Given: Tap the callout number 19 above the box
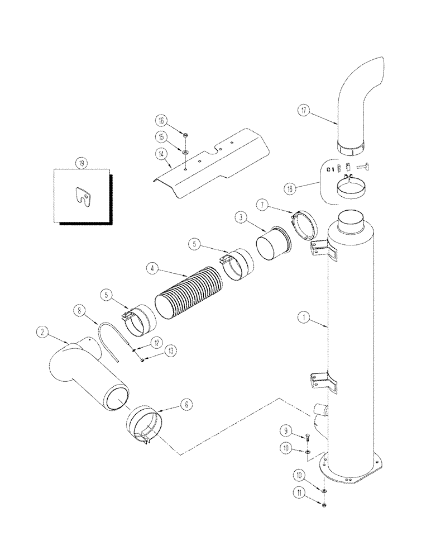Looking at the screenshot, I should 82,163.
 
